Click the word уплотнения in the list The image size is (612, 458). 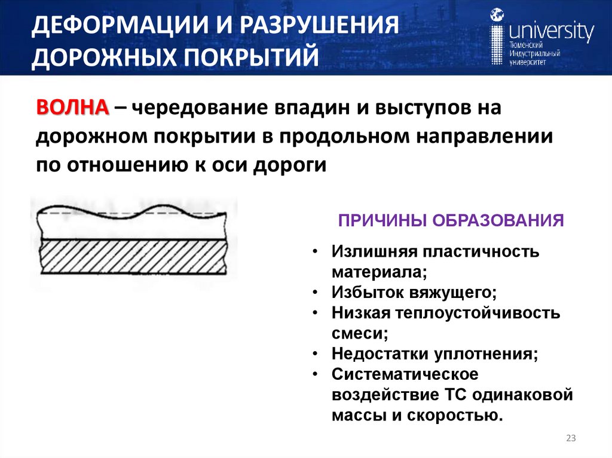coord(487,354)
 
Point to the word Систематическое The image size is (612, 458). coord(405,374)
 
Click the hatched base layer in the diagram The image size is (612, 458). coord(131,256)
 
